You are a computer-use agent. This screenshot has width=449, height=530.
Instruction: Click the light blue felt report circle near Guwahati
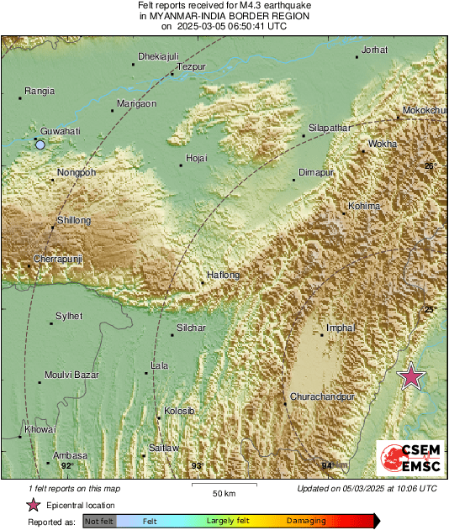[40, 144]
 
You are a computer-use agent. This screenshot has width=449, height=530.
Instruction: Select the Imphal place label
[341, 327]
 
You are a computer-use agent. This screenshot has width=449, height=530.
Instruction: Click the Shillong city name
[73, 220]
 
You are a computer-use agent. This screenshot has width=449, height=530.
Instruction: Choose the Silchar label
[191, 328]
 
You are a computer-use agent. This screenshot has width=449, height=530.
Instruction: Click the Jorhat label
[374, 50]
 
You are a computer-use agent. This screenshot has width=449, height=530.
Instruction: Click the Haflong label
[223, 275]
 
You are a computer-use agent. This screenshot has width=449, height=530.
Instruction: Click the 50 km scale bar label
[222, 492]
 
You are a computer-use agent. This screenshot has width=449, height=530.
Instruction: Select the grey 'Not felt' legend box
[99, 522]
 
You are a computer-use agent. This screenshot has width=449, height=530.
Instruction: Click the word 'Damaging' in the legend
[307, 522]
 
